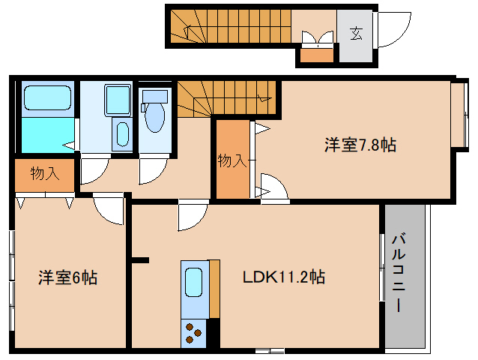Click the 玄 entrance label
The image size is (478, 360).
point(355,33)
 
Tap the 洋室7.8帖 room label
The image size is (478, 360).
point(360,145)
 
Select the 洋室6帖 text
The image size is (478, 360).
point(68,278)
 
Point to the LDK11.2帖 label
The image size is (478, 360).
point(283,277)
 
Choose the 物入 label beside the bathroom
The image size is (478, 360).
point(44,174)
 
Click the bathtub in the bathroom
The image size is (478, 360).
point(46,98)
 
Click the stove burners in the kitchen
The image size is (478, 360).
point(193,331)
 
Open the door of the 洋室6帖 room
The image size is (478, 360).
point(109,209)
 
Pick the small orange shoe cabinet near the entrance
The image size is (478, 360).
point(315,55)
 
